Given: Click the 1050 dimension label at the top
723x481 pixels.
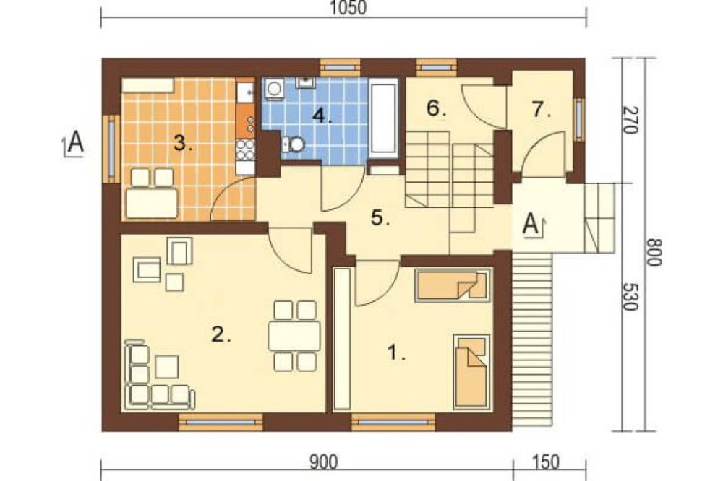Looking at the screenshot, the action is point(348,8).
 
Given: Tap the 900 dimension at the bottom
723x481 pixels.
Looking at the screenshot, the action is point(323,462).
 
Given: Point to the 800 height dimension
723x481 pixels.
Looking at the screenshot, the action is point(654,251).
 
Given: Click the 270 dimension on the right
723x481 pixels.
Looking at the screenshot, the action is point(630,120).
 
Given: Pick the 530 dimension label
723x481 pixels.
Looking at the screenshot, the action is point(630,296).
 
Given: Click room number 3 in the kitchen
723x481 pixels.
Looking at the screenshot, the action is point(183,144).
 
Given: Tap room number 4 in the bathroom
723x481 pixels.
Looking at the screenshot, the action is point(322,116).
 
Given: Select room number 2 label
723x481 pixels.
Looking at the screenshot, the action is point(221,334).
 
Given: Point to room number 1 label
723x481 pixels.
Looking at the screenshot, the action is point(396,353).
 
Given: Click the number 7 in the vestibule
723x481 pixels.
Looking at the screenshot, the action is point(541,110).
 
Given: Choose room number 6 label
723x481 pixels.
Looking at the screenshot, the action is point(436,108).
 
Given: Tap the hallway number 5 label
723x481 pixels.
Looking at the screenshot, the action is point(380,217).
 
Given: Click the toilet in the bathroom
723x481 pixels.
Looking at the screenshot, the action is point(294,144).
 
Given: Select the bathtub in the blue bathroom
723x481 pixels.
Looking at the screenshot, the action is point(384,118).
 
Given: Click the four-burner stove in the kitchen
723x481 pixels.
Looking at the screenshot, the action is point(245,149).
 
